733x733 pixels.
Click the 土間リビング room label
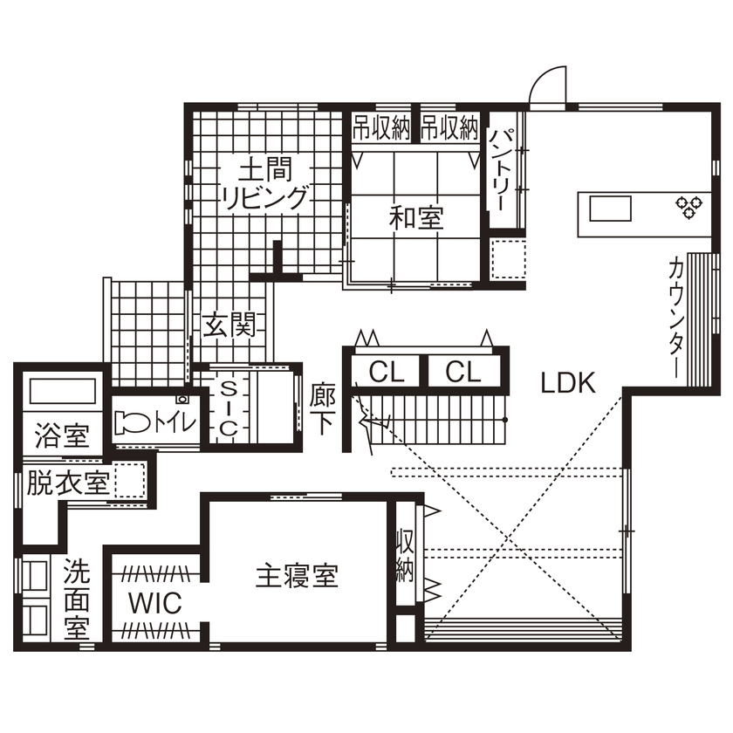264,182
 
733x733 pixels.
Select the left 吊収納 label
381,129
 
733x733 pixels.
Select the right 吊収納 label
450,129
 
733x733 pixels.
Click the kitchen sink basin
611,209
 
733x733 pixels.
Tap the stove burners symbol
687,207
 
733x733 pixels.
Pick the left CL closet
387,373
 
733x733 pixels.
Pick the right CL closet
463,373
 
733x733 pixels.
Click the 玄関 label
229,327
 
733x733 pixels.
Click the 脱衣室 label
67,483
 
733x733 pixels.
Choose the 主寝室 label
297,576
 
